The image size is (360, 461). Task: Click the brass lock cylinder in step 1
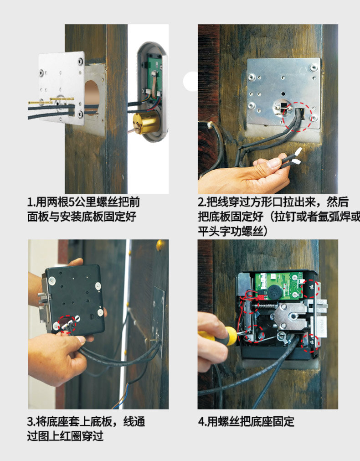[x=146, y=123]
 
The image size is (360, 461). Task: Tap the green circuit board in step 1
[x=154, y=77]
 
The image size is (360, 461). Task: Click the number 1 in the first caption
[x=30, y=202]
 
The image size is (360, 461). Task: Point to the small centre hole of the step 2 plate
[x=283, y=94]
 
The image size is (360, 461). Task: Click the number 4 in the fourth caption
[x=201, y=422]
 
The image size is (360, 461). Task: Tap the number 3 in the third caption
[x=30, y=422]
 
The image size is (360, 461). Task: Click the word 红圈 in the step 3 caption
[x=71, y=436]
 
